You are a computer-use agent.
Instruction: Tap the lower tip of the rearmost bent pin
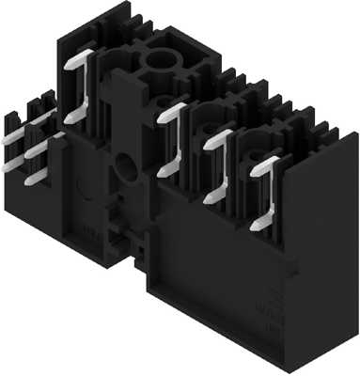69,119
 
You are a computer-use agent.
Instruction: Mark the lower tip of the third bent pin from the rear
209,198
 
